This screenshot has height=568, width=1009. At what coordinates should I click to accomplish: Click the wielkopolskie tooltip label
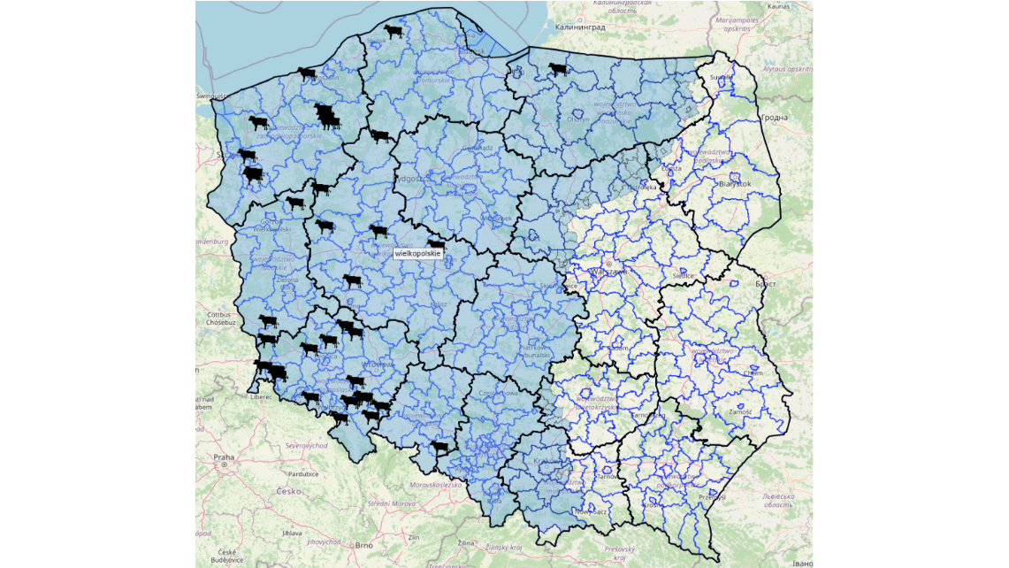coord(417,254)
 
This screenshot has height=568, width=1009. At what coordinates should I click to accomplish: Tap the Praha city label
coord(223,457)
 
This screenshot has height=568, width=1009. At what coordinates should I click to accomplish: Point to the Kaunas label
coord(779,6)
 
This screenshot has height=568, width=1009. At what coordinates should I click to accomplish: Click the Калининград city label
coord(580,27)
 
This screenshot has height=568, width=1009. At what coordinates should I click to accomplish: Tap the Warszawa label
coord(609,271)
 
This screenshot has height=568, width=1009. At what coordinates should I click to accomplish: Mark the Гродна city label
coord(773,117)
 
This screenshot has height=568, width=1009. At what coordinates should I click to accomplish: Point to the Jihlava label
coord(291,533)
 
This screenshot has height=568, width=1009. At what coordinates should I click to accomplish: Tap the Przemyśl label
coord(712,497)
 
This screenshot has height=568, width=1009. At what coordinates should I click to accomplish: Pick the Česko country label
coord(288,491)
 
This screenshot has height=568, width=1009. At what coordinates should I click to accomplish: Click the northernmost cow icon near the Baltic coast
coord(393,32)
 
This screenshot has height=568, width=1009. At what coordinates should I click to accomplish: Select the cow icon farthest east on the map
coord(557,69)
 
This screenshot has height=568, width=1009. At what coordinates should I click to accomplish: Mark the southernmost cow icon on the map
coord(440,448)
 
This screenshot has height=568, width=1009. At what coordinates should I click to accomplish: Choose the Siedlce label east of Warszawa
coord(683,275)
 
